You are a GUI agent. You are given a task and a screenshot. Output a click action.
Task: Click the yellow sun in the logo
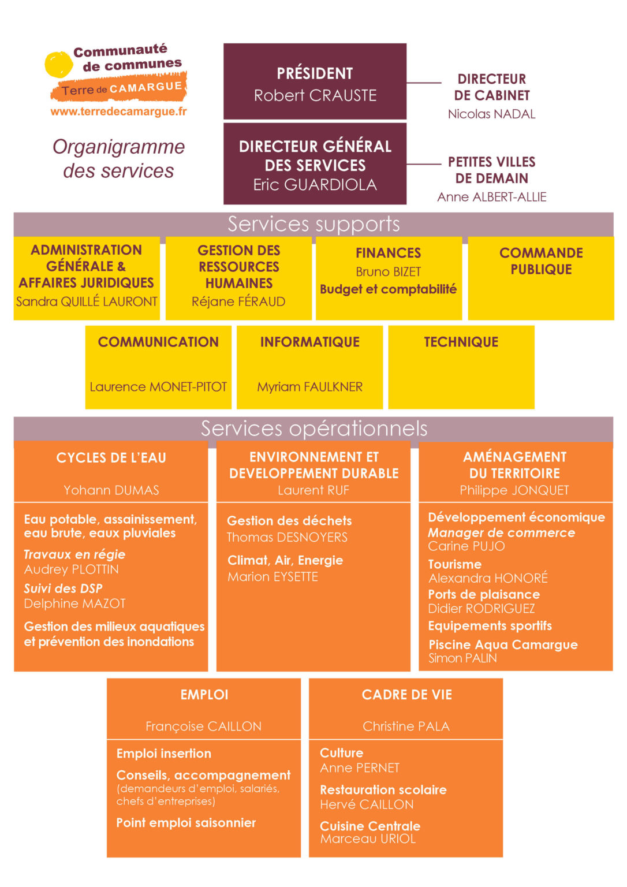(58, 64)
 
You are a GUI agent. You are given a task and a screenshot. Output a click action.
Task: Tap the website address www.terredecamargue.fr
(118, 111)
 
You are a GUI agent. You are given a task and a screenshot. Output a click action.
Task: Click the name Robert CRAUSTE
(315, 95)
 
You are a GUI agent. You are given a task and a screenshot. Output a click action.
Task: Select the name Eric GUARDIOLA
(315, 185)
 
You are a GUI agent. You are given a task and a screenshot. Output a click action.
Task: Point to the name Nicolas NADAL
(491, 114)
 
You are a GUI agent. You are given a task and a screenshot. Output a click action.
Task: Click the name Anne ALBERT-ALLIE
(492, 197)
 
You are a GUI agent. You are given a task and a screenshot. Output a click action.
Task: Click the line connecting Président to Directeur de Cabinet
(424, 83)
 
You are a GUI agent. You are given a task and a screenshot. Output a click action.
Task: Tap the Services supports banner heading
(313, 225)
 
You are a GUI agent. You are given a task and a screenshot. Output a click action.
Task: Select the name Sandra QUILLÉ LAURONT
(87, 302)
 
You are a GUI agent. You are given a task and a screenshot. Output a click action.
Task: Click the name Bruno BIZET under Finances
(389, 272)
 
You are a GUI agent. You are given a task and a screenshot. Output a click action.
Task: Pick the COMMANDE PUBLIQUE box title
(541, 261)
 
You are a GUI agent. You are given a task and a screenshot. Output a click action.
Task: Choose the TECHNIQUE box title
(461, 342)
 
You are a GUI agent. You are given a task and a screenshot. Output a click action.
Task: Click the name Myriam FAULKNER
(309, 387)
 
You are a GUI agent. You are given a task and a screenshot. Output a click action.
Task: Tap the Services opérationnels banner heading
(313, 428)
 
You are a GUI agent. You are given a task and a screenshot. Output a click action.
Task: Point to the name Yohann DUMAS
(111, 490)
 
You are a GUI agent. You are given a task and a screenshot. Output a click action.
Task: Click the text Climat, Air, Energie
(285, 560)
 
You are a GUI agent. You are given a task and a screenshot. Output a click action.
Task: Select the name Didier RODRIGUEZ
(482, 608)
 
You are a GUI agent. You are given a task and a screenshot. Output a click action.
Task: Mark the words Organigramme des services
(119, 159)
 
